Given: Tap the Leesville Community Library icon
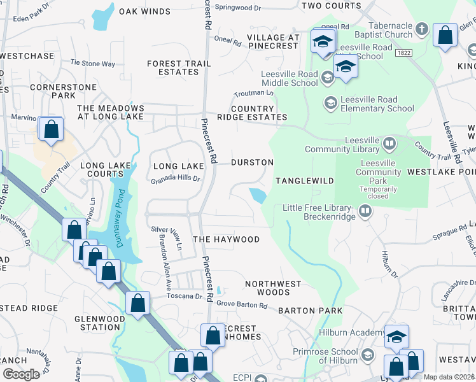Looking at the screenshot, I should tap(389, 141).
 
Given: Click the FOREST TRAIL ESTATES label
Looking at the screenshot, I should tap(173, 67).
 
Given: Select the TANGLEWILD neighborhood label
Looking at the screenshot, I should tap(305, 181).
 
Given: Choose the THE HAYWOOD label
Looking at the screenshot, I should tap(226, 239).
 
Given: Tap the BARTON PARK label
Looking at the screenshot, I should tap(311, 311).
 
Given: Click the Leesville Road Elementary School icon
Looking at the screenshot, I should tap(330, 103).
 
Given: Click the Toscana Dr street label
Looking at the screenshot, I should tap(185, 296).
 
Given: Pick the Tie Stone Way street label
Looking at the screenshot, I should tap(92, 64).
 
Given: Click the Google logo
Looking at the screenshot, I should tap(22, 374).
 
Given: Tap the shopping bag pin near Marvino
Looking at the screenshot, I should tap(50, 129).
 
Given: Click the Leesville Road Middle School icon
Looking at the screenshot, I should tap(327, 78).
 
